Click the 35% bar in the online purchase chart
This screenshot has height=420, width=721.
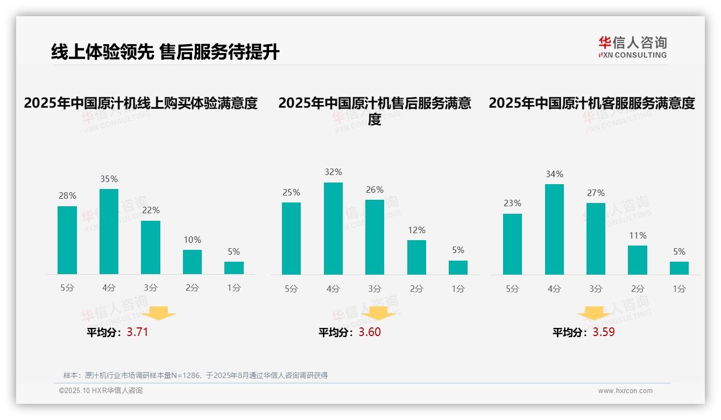point(109,232)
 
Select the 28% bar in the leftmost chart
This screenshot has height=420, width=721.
point(67,240)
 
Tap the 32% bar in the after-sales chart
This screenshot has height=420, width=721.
point(333,228)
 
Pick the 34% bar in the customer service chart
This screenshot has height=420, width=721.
point(554,229)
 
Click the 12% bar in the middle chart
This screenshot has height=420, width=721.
point(416,257)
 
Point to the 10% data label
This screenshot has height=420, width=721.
point(192,240)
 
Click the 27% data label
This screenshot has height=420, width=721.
point(596,193)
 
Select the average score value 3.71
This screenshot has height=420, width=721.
point(137,332)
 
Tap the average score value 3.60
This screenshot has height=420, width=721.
point(370,332)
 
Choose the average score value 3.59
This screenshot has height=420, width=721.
point(604,332)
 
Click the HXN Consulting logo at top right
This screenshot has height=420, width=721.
point(632,47)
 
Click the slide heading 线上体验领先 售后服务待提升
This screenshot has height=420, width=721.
point(165,52)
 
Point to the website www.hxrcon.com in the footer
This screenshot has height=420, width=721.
point(625,391)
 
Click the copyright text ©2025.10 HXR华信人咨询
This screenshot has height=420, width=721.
point(101,391)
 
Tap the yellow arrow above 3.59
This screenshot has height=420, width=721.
point(594,313)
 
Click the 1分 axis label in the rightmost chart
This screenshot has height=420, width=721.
point(679,289)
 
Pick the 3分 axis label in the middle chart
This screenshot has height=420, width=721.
point(374,289)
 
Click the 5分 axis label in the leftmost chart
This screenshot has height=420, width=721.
point(67,288)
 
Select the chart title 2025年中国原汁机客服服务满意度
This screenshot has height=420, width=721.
point(591,103)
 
